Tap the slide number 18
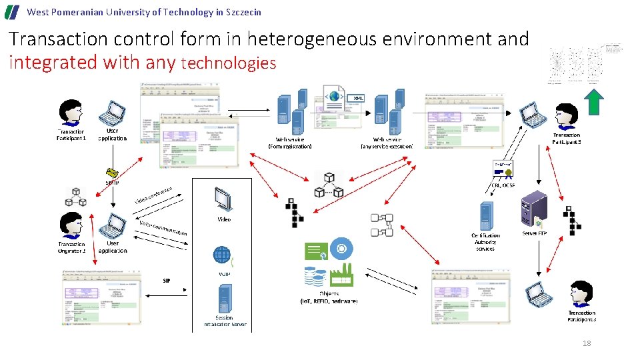(x=587, y=343)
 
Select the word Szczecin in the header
(x=243, y=12)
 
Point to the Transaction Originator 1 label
(x=71, y=247)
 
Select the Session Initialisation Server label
(x=225, y=321)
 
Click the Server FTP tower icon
(x=534, y=208)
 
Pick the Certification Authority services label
(x=485, y=242)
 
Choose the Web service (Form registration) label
(x=289, y=143)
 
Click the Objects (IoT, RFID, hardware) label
(x=329, y=297)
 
